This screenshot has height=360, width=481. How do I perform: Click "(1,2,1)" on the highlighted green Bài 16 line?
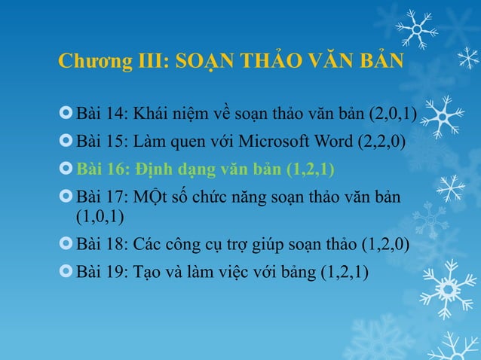pos(311,168)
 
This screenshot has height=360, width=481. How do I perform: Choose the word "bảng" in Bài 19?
pos(296,272)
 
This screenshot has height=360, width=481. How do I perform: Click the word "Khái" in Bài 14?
pos(153,114)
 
